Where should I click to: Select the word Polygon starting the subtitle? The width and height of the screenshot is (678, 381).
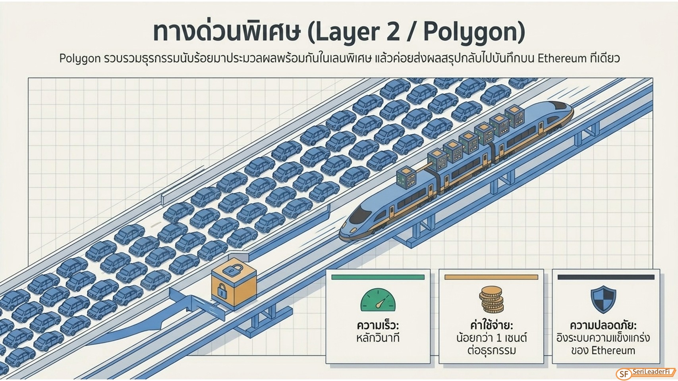(x=79, y=59)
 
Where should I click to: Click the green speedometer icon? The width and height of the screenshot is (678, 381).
(x=378, y=300)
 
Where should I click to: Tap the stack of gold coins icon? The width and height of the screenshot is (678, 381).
(x=491, y=299)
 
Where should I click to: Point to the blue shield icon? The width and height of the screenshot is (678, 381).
(x=603, y=299)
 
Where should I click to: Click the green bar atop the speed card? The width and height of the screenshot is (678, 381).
(x=378, y=277)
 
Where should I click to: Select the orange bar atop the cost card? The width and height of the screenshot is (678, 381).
(x=491, y=277)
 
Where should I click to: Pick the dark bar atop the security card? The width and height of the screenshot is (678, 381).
(x=606, y=277)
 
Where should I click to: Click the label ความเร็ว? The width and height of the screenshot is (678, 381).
(x=378, y=326)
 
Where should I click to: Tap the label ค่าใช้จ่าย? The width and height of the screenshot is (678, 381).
(x=491, y=325)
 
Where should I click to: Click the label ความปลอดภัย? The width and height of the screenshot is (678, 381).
(x=603, y=325)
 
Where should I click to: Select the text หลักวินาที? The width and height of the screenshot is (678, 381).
(x=378, y=337)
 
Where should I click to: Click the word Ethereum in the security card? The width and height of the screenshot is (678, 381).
(x=613, y=350)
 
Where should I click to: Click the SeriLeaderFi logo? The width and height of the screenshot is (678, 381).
(x=645, y=373)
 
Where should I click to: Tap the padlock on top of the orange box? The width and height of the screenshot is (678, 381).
(x=233, y=270)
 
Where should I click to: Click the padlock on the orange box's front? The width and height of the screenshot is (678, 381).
(x=222, y=291)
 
